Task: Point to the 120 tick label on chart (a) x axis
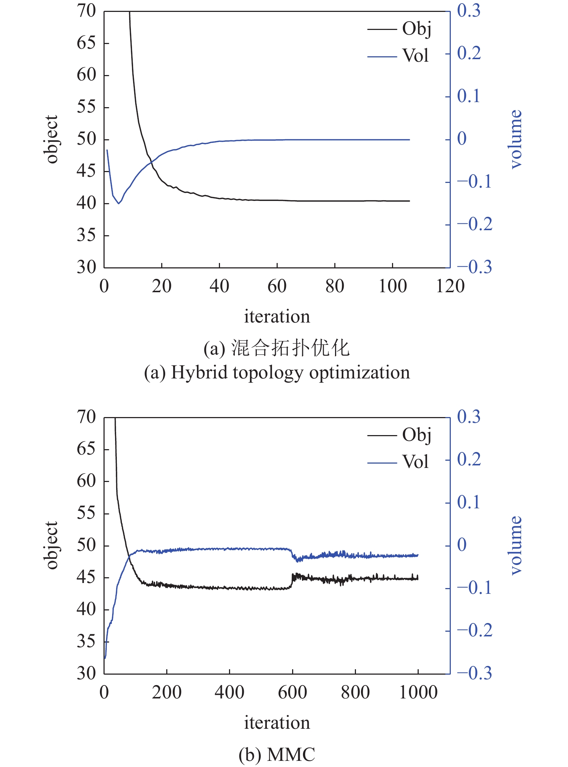click(450, 286)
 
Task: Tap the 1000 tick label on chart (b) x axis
click(418, 693)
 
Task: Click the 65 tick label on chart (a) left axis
click(86, 43)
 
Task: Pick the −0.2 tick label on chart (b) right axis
click(475, 630)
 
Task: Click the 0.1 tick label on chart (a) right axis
click(469, 96)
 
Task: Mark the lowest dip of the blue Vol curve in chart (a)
click(118, 203)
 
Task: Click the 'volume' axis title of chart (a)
click(516, 139)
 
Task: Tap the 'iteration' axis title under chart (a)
click(277, 317)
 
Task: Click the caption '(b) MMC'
click(277, 754)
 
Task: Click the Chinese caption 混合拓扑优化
click(290, 349)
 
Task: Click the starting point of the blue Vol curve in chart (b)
click(105, 658)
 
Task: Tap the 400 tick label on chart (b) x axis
click(229, 693)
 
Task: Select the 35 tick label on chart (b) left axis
click(86, 642)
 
